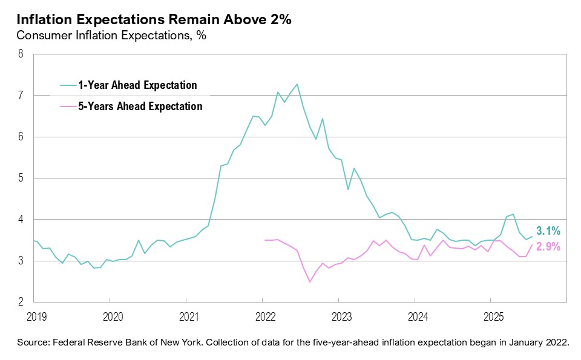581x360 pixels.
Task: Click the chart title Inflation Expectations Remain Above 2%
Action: (x=154, y=20)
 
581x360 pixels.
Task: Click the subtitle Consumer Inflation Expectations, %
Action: (x=111, y=36)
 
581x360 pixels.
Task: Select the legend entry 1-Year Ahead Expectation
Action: (x=137, y=85)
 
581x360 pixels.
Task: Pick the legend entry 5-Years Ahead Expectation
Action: (x=140, y=106)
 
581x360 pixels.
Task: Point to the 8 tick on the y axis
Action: (x=21, y=54)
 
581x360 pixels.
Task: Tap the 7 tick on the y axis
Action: (x=21, y=96)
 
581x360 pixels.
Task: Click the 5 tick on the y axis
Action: (x=21, y=178)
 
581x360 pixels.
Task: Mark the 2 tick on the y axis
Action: (x=21, y=302)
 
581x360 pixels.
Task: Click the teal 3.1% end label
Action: (x=548, y=231)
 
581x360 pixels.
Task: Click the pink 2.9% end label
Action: (x=548, y=247)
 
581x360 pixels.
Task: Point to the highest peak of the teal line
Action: (x=297, y=84)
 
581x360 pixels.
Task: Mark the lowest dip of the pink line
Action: (x=310, y=282)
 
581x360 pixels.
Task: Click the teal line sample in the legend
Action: (x=68, y=85)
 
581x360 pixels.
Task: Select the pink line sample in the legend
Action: (x=68, y=106)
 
